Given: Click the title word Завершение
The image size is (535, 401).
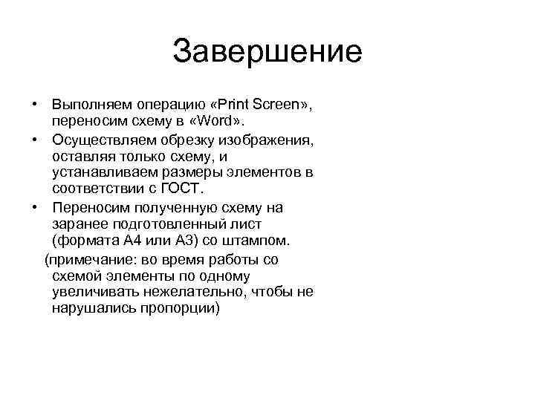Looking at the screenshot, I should (267, 51).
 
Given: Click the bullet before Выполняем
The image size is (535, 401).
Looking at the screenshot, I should (35, 105).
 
